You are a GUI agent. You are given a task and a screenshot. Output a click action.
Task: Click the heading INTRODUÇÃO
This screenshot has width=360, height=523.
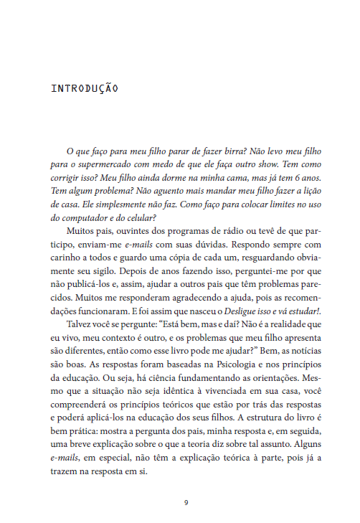click(85, 90)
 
